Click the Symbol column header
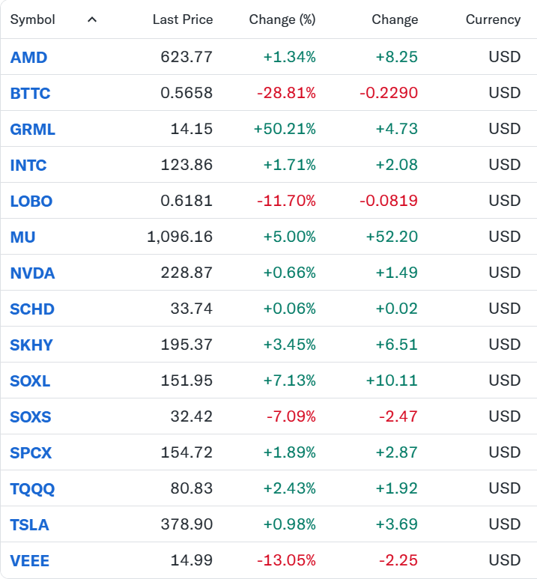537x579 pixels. coord(32,19)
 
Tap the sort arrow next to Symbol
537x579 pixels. coord(92,19)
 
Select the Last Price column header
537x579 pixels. coord(183,19)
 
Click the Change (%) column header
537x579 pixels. coord(282,19)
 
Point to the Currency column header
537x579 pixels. coord(493,19)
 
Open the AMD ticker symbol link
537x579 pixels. coord(28,57)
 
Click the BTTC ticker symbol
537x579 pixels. coord(30,93)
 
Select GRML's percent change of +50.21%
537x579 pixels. coord(285,129)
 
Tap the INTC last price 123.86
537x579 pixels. coord(186,165)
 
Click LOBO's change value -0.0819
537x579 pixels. coord(389,201)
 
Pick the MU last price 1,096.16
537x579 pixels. coord(180,237)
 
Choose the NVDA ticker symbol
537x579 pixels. coord(32,273)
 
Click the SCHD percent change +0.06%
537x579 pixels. coord(290,309)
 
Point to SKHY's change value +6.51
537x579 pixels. coord(397,345)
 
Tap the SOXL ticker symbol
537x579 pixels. coord(30,381)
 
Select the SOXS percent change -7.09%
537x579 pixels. coord(291,416)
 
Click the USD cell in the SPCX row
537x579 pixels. coord(505,452)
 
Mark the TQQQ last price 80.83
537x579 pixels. coord(191,488)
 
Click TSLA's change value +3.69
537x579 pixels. coord(397,524)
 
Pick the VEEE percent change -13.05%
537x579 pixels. coord(286,560)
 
